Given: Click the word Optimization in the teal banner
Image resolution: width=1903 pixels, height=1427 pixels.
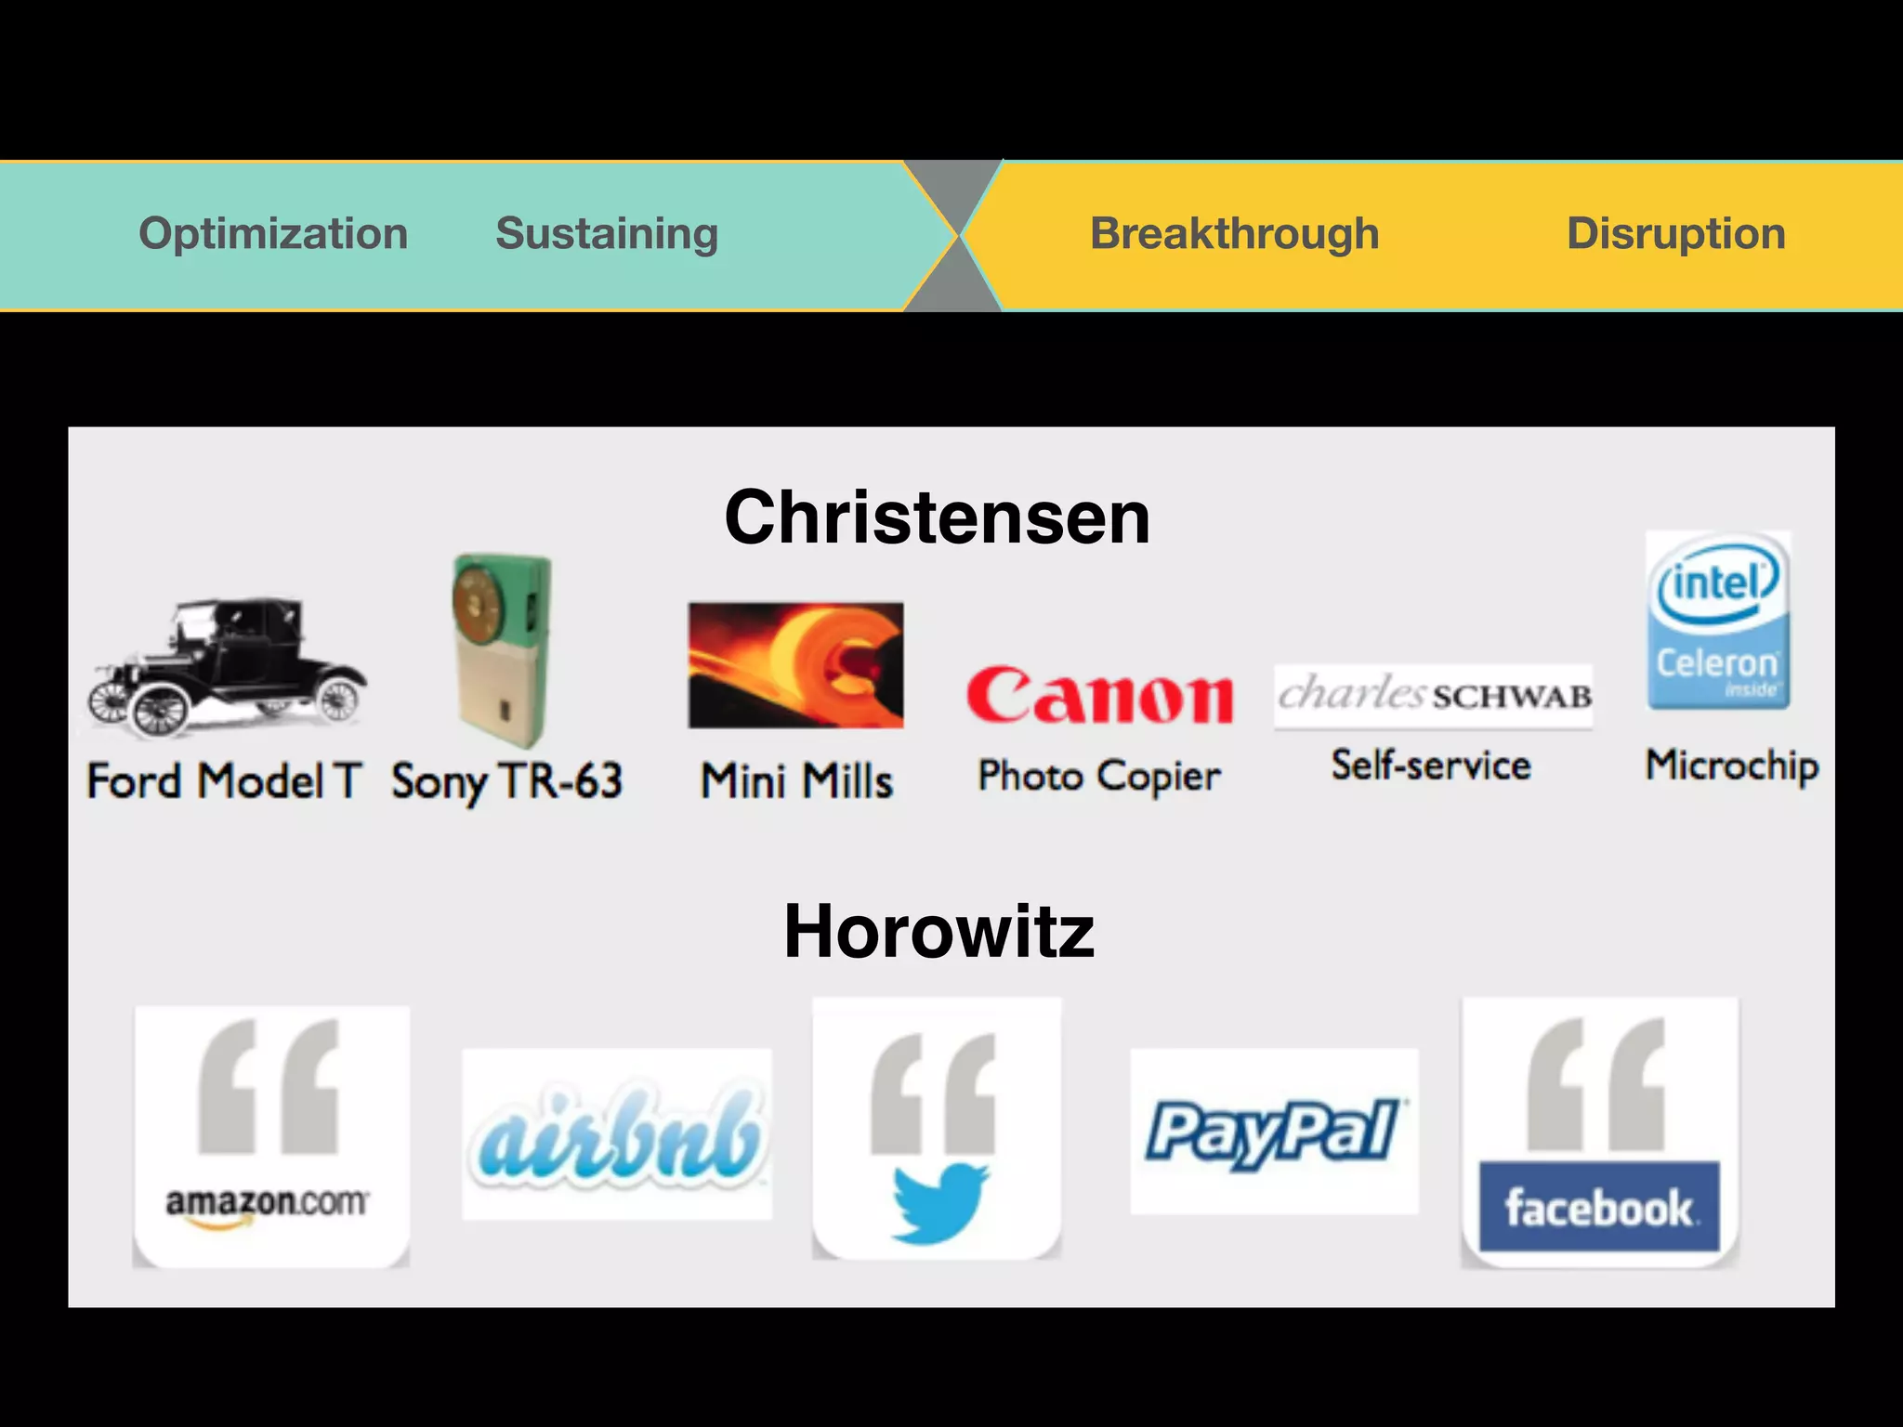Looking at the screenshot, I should coord(273,233).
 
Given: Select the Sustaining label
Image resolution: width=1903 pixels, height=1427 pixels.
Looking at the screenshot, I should coord(607,233).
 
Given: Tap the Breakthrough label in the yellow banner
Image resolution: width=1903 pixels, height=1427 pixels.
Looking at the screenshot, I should coord(1234,233).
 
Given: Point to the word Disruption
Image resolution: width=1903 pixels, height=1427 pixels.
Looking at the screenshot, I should coord(1675,233).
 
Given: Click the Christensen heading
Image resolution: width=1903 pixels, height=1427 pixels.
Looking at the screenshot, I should coord(937,517).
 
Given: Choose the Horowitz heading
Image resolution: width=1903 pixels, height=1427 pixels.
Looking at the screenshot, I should coord(938,932).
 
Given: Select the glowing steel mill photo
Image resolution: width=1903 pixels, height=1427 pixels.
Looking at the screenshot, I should coord(795,665).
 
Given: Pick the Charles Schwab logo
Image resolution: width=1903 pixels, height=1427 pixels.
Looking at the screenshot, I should coord(1433,695).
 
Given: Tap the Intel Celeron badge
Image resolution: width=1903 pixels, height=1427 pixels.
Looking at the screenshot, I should coord(1718,620).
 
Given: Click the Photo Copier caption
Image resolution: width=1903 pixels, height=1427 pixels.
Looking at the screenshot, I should coord(1099,776).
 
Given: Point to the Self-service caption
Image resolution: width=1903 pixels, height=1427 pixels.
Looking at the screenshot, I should coord(1431,766).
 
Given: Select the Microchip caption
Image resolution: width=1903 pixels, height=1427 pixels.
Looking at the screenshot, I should coord(1732,766).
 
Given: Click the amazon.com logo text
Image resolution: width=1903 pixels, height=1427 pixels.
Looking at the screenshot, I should coord(267,1203).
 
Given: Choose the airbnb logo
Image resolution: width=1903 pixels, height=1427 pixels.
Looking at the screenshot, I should coord(617,1135).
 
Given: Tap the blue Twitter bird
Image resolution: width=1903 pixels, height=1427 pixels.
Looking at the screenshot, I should coord(939,1202).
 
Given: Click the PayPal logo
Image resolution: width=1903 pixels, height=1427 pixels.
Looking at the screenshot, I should coord(1274,1132).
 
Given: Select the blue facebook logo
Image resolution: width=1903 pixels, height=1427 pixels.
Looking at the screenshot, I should coord(1599,1207).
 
